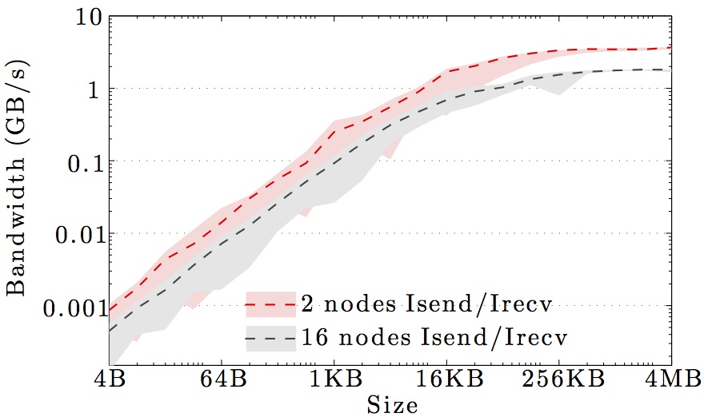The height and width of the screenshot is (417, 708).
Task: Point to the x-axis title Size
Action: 392,404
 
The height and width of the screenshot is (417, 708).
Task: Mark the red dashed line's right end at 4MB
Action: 670,48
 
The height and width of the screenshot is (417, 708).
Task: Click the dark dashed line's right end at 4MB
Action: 670,69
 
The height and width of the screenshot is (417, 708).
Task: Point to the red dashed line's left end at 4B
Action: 110,310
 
